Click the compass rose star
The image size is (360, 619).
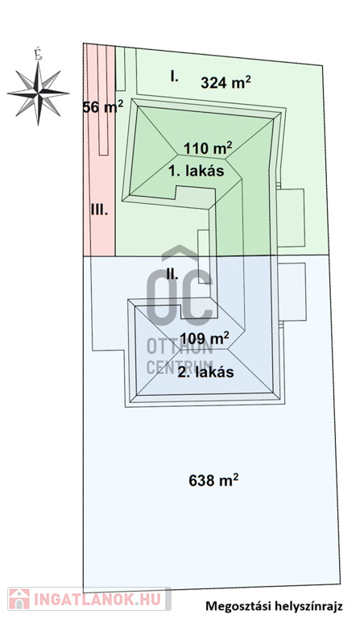pos(38,93)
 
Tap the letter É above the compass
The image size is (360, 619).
pos(38,54)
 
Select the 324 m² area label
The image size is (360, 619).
pos(226,82)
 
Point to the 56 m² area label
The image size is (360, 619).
pos(103,106)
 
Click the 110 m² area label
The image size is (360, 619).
pos(208,148)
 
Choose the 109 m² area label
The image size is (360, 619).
pos(205,339)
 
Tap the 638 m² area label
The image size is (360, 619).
pos(213,480)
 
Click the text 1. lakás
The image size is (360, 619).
pos(197,171)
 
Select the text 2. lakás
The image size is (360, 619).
pos(205,372)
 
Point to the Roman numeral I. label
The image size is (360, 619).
pos(174,76)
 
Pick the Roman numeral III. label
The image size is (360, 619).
pos(99,210)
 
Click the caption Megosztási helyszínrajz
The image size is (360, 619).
pos(274,606)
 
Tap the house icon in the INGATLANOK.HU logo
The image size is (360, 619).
pos(19,599)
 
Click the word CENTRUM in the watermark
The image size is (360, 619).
pos(180,368)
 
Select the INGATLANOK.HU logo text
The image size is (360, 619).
pos(97,600)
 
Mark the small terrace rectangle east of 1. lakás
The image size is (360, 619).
pos(291,218)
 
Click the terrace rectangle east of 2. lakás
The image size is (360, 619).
pos(292,291)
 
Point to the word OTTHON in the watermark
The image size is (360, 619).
pos(180,347)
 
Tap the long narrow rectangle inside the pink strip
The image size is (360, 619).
pos(103,99)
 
